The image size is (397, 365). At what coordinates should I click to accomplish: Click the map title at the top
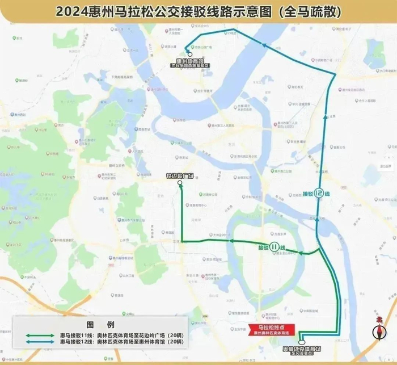click(x=198, y=11)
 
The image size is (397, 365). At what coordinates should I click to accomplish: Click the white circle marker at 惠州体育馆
click(x=189, y=55)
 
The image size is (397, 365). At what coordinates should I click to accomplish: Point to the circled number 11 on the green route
click(x=274, y=246)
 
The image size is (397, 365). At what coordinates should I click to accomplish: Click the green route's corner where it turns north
click(x=182, y=240)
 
